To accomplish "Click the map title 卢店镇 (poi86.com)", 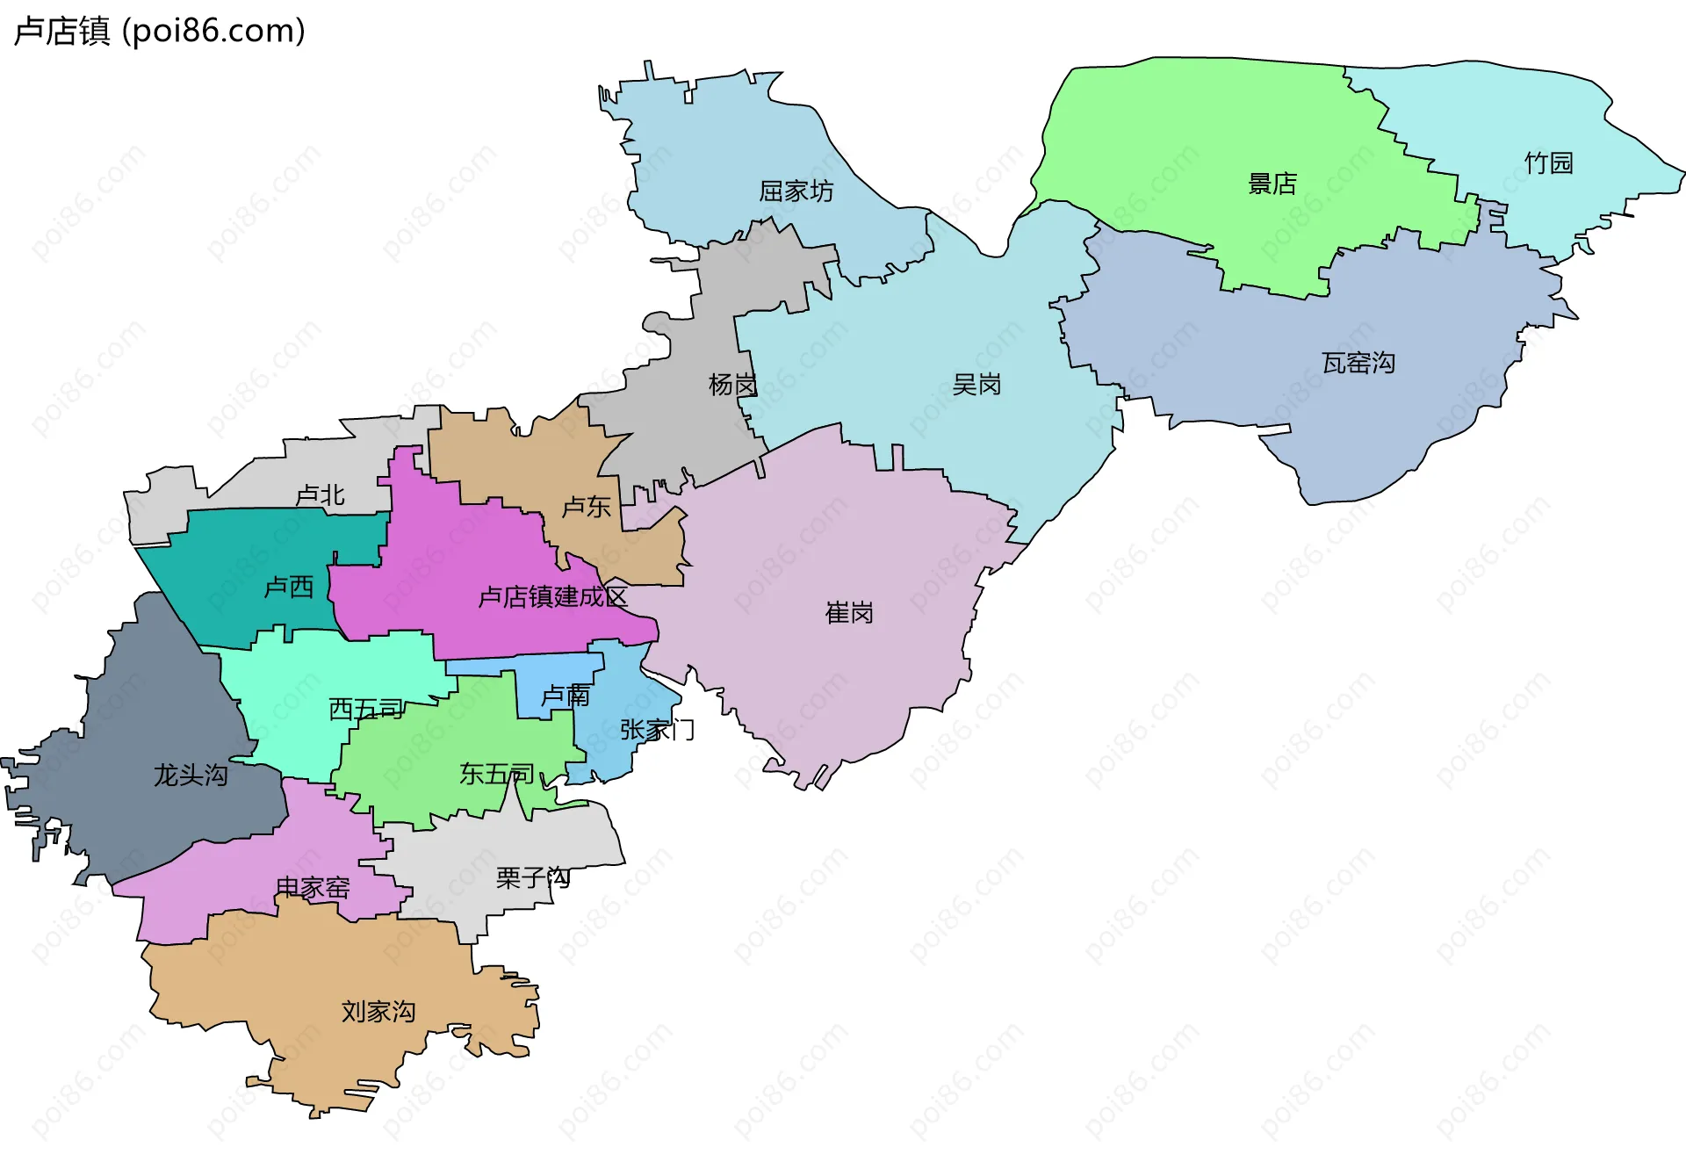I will pyautogui.click(x=160, y=31).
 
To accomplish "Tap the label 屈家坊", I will pyautogui.click(x=796, y=191).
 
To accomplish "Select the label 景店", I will pyautogui.click(x=1272, y=184).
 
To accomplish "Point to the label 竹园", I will pyautogui.click(x=1548, y=163).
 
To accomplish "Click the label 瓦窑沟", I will pyautogui.click(x=1358, y=363).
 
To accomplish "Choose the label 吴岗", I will pyautogui.click(x=976, y=385).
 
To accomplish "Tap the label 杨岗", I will pyautogui.click(x=732, y=385).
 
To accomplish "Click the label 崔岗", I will pyautogui.click(x=849, y=613).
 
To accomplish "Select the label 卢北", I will pyautogui.click(x=320, y=495).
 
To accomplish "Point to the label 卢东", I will pyautogui.click(x=586, y=507).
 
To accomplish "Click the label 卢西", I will pyautogui.click(x=289, y=587).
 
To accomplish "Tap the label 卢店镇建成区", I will pyautogui.click(x=552, y=597).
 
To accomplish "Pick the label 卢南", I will pyautogui.click(x=565, y=696).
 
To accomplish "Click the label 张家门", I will pyautogui.click(x=657, y=730).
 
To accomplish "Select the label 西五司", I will pyautogui.click(x=365, y=709).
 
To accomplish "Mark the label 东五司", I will pyautogui.click(x=496, y=774).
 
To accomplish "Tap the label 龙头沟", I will pyautogui.click(x=191, y=776).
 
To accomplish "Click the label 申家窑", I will pyautogui.click(x=313, y=888).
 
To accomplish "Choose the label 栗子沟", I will pyautogui.click(x=532, y=877).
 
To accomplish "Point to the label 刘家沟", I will pyautogui.click(x=378, y=1012).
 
